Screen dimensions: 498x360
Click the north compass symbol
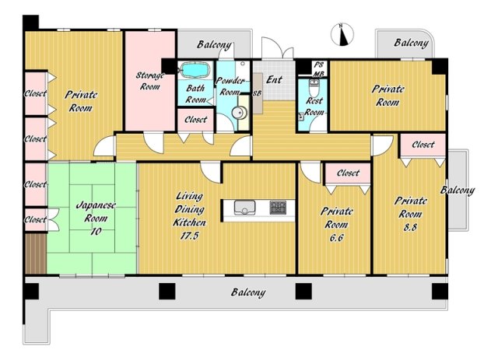tap(342, 35)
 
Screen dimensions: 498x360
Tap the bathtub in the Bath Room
tap(195, 70)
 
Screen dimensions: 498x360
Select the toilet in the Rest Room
tap(314, 89)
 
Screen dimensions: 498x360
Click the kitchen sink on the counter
tap(244, 207)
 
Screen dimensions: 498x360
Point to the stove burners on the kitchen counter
tap(278, 207)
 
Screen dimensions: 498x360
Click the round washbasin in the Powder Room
tap(239, 113)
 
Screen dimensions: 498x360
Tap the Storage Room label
tap(149, 81)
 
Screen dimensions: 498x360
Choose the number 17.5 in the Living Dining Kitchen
tap(190, 236)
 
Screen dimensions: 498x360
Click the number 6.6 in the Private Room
tap(336, 237)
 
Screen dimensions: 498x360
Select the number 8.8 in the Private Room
tap(410, 227)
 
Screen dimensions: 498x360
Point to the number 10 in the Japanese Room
tap(96, 232)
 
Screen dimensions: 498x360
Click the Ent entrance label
tap(274, 79)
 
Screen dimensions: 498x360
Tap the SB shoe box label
tap(257, 93)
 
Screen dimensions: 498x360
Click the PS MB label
tap(318, 69)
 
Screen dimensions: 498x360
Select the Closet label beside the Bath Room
tap(195, 120)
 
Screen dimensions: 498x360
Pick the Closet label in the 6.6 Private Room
tap(348, 173)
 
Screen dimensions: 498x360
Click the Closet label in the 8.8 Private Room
tap(423, 145)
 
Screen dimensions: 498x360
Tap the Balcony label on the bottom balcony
tap(248, 292)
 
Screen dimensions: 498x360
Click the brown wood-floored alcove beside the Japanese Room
tap(36, 253)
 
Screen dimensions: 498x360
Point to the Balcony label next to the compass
tap(412, 43)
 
